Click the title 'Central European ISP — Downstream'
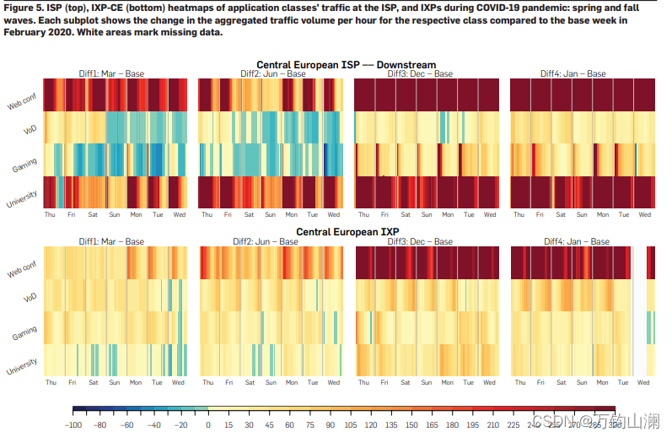(x=347, y=65)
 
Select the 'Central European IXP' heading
(x=347, y=231)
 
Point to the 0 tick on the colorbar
(x=207, y=424)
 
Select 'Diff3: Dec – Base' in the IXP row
(x=420, y=241)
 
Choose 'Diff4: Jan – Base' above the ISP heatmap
(x=575, y=74)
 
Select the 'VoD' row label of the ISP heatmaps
(x=31, y=130)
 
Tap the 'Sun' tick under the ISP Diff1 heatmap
(x=114, y=215)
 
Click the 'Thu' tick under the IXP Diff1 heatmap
(x=51, y=382)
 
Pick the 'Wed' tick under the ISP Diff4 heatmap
(x=645, y=215)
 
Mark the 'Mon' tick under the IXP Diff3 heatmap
(x=448, y=382)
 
